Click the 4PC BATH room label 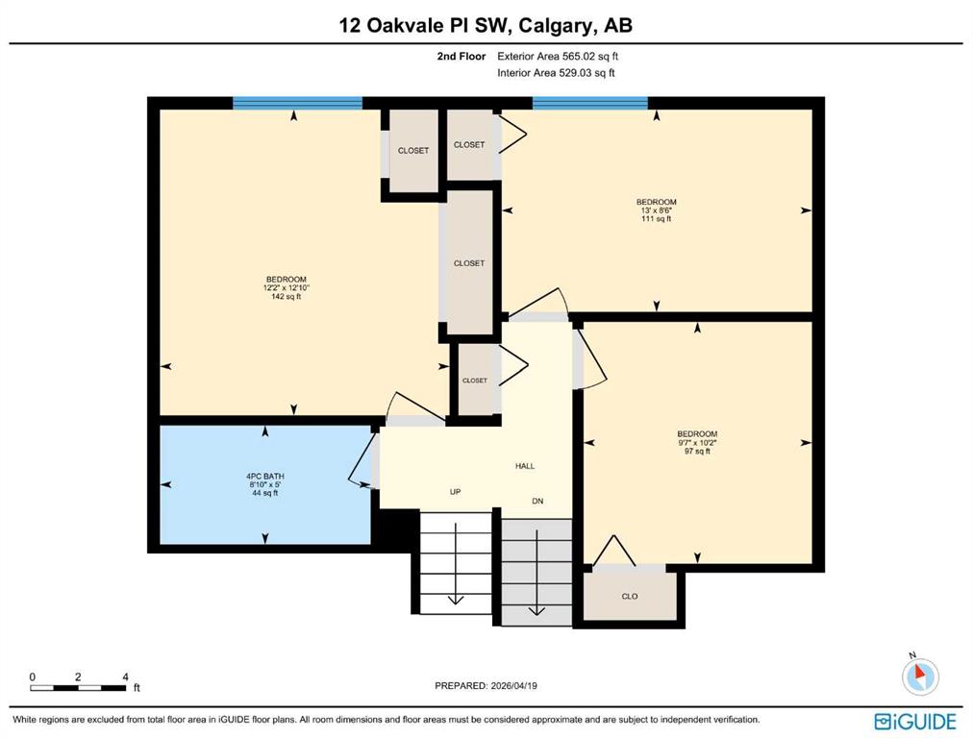pyautogui.click(x=265, y=477)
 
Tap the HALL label pyautogui.click(x=525, y=466)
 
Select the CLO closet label pyautogui.click(x=630, y=596)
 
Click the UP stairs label pyautogui.click(x=456, y=492)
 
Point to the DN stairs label pyautogui.click(x=537, y=501)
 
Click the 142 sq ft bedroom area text pyautogui.click(x=287, y=296)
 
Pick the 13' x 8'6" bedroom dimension pyautogui.click(x=657, y=210)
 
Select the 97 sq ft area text pyautogui.click(x=697, y=451)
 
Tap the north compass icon pyautogui.click(x=920, y=675)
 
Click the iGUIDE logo pyautogui.click(x=915, y=722)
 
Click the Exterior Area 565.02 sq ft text pyautogui.click(x=558, y=56)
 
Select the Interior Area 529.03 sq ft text pyautogui.click(x=556, y=73)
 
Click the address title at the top pyautogui.click(x=486, y=25)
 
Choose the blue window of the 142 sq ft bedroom pyautogui.click(x=297, y=103)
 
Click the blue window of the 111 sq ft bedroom pyautogui.click(x=590, y=103)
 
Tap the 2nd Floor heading pyautogui.click(x=462, y=56)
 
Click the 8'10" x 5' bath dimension pyautogui.click(x=265, y=485)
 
